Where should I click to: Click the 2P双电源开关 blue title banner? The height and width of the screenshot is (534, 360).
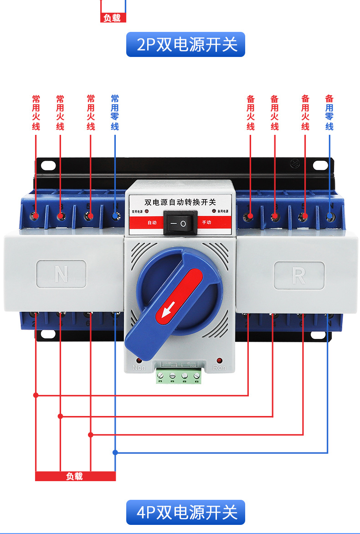coord(185,44)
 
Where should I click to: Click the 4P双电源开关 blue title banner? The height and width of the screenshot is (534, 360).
coord(185,512)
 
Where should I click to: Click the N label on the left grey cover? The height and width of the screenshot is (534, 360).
coord(61,274)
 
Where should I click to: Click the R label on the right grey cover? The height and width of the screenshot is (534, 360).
coord(299,275)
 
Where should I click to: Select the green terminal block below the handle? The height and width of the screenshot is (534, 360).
coord(178,376)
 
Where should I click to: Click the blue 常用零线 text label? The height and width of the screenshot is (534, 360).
coord(115,113)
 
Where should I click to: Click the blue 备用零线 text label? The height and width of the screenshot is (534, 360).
coord(329,113)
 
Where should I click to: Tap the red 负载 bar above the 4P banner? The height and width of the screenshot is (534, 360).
coord(75,476)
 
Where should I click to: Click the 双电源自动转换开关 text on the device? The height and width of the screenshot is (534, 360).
coord(180,201)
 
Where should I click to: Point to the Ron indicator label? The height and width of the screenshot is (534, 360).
coord(219,367)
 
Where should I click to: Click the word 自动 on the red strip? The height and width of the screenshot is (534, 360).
coord(152,223)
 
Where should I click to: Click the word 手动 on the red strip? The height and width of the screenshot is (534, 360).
coord(206,223)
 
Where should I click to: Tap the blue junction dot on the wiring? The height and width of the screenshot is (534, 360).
coord(115,452)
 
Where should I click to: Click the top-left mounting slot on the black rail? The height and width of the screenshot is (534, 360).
coord(47,164)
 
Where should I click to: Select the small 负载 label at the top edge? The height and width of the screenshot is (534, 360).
coord(113,18)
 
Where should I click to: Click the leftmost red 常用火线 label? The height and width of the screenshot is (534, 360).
coord(36,113)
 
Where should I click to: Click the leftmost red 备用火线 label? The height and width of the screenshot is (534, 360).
coord(251,113)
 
